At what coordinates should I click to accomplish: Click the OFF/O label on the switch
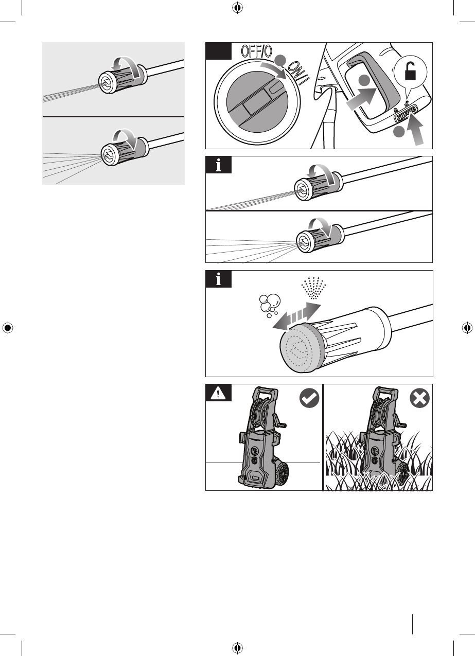coord(256,51)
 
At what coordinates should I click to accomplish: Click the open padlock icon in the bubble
coord(410,72)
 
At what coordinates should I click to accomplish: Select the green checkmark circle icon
coord(309,398)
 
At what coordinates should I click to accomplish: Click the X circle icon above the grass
coord(419,398)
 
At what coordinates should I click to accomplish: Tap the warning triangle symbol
coord(218,393)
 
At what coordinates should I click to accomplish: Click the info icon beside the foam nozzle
coord(218,279)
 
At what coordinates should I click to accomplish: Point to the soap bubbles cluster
coord(269,306)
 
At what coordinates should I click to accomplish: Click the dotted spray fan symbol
coord(313,288)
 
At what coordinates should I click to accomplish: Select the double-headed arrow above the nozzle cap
coord(296,316)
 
